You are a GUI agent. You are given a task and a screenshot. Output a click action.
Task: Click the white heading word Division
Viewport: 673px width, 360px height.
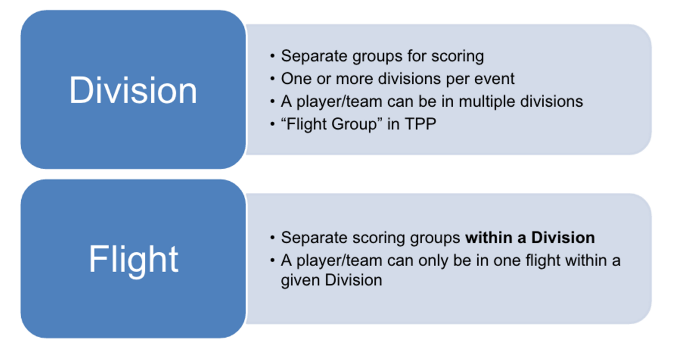coord(133,90)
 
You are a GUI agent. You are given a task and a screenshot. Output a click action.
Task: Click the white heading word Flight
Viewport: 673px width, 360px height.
coord(134,259)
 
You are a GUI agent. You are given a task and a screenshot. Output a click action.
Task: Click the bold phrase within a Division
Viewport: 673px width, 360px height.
coord(530,237)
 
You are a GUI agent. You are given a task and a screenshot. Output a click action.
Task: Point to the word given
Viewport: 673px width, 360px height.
coord(301,281)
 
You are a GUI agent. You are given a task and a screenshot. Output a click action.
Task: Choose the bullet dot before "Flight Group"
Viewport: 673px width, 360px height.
coord(273,124)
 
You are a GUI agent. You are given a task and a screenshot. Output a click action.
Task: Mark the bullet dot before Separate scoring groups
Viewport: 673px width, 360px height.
coord(273,237)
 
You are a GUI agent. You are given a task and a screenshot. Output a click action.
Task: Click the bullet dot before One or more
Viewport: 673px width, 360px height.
coord(273,79)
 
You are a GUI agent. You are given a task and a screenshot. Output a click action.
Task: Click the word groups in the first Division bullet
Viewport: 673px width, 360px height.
coord(378,57)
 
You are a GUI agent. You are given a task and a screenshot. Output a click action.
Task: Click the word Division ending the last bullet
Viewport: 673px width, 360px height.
coord(354,280)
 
